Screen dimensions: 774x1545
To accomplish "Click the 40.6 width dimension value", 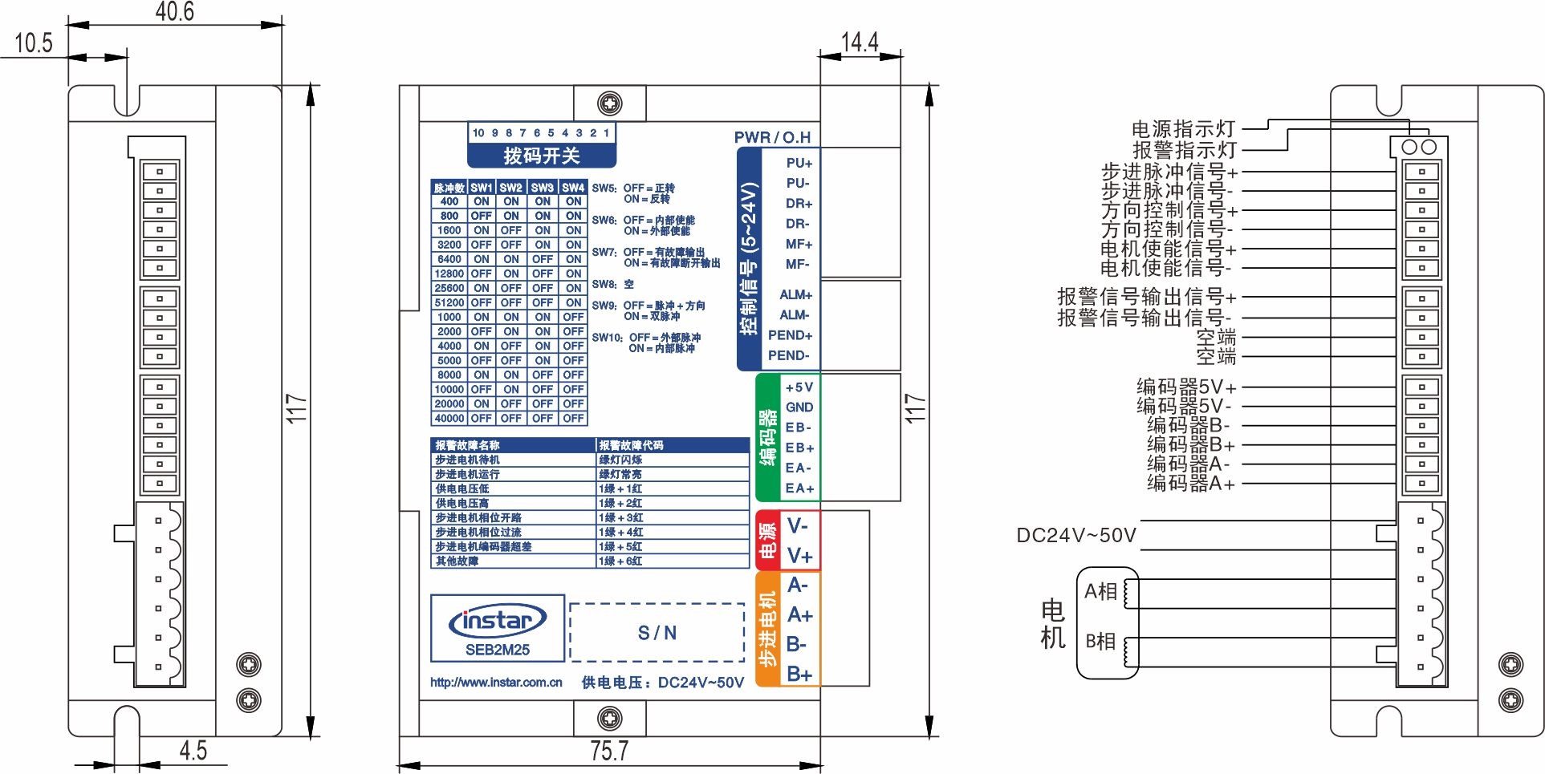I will tap(174, 12).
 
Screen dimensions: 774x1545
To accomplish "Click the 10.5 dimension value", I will tap(34, 43).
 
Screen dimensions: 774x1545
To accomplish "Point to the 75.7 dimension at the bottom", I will tap(609, 751).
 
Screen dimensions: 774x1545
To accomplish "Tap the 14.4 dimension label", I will tap(860, 42).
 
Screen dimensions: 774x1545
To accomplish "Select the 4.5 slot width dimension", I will tap(193, 751).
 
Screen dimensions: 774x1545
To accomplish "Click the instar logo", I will tap(498, 621).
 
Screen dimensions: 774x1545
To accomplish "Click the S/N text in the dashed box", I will tap(657, 633).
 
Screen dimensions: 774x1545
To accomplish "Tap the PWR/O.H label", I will tap(772, 137).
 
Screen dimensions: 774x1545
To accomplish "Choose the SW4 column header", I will tap(573, 188).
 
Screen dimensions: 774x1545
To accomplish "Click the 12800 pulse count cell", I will tap(449, 274).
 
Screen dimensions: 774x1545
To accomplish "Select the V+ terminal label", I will tap(799, 556).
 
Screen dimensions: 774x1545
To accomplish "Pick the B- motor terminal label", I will tap(797, 644).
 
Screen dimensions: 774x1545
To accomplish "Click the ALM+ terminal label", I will tap(795, 295).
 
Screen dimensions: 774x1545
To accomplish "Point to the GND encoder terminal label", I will tap(799, 407).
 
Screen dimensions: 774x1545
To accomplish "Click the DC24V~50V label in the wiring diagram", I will tap(1076, 535).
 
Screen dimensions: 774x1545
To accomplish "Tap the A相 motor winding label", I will tap(1100, 592).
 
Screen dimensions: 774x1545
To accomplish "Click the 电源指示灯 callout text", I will tap(1183, 129).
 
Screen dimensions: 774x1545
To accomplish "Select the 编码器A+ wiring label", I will tap(1191, 484).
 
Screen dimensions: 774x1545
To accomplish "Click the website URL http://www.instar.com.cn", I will tap(496, 683).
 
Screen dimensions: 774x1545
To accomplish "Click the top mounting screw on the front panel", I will tap(610, 103).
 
